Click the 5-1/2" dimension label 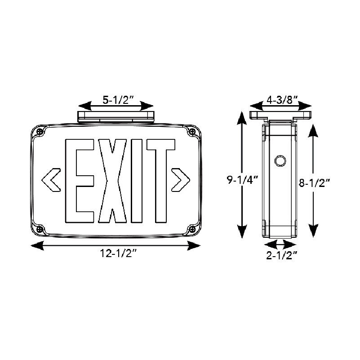116,100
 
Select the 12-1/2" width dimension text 116,254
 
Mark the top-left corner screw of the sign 40,132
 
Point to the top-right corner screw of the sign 192,132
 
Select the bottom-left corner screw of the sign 40,229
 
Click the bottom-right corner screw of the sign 192,229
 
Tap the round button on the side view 280,160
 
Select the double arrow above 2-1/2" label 281,244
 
